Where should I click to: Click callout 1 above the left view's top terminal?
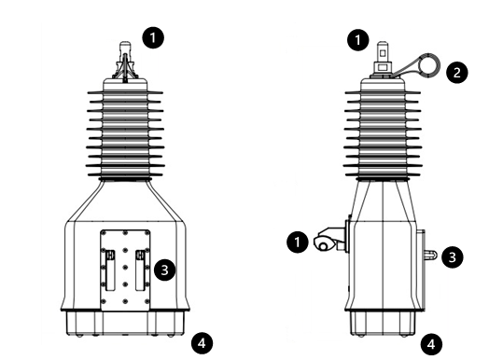click(x=153, y=37)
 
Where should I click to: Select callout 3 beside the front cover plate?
click(x=164, y=270)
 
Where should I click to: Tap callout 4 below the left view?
click(x=202, y=343)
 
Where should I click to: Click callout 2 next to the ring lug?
click(x=457, y=72)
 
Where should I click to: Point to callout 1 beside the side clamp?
click(x=298, y=242)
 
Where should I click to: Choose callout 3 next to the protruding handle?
click(x=453, y=256)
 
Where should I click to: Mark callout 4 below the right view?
click(x=431, y=344)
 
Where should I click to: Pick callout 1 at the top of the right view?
click(x=358, y=40)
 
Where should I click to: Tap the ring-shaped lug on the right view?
click(x=429, y=64)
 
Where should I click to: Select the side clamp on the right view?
click(x=330, y=239)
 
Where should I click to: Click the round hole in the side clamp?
click(x=323, y=246)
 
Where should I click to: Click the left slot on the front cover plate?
click(x=110, y=270)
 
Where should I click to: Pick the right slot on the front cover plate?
click(x=140, y=270)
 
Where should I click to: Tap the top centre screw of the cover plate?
click(x=125, y=232)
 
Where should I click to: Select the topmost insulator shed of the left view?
click(x=125, y=92)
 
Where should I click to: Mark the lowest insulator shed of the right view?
click(x=383, y=174)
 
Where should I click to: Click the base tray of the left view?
click(x=125, y=323)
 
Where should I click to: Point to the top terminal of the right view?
click(x=383, y=60)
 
